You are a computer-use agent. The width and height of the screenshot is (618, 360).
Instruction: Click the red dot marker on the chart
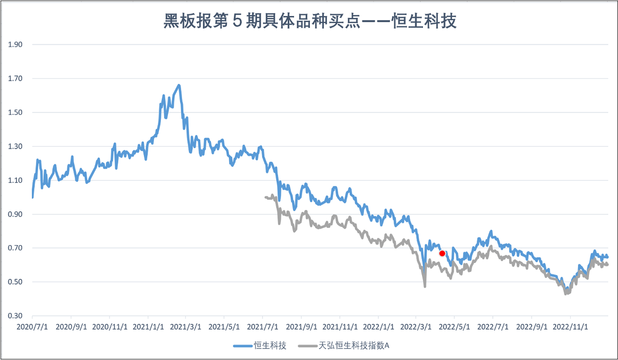(x=442, y=253)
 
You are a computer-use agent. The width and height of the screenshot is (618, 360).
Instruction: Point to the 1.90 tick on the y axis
(x=16, y=44)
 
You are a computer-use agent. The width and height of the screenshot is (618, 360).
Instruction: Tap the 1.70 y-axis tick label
(x=16, y=78)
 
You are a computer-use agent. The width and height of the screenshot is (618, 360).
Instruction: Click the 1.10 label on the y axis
(x=16, y=180)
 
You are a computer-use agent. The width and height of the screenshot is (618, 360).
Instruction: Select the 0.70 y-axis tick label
(x=16, y=248)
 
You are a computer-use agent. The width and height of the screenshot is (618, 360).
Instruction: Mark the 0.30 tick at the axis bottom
(x=16, y=316)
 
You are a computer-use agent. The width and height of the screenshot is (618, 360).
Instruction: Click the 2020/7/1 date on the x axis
(x=32, y=326)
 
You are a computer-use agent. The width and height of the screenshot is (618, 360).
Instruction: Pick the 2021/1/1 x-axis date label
(x=147, y=326)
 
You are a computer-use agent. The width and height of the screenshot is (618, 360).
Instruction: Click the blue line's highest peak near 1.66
(x=179, y=85)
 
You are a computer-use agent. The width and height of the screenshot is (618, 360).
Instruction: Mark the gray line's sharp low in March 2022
(x=425, y=286)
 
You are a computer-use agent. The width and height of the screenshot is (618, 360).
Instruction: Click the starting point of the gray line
(x=266, y=197)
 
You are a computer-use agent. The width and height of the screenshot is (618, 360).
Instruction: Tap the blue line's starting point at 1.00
(x=32, y=197)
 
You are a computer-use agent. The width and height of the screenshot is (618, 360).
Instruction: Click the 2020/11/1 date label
(x=109, y=326)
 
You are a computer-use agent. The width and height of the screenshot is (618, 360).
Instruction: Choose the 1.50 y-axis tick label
(x=16, y=112)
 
